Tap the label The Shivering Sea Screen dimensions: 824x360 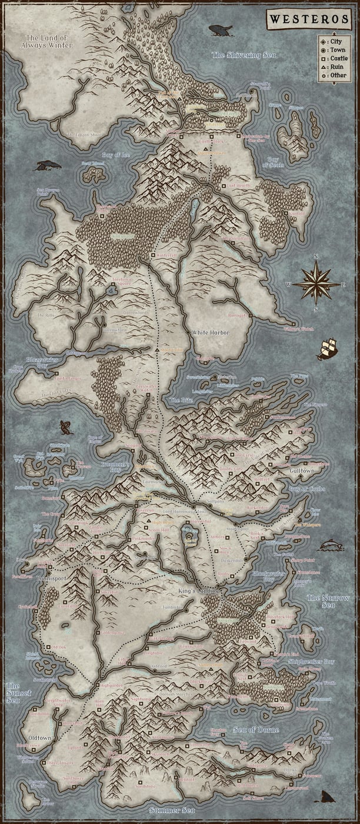click(x=243, y=55)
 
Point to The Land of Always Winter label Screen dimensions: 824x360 click(x=46, y=41)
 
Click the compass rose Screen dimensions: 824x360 click(x=316, y=283)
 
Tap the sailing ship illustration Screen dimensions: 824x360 click(x=328, y=348)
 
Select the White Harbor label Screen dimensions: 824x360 click(x=210, y=333)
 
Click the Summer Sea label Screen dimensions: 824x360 click(x=172, y=810)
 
